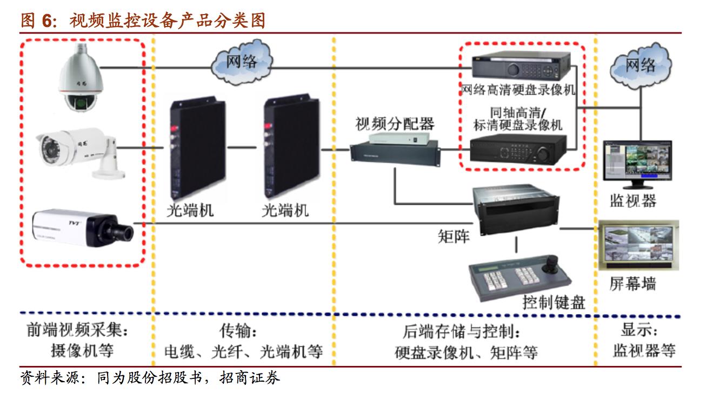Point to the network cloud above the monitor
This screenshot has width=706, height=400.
click(641, 66)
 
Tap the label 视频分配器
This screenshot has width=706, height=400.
click(395, 124)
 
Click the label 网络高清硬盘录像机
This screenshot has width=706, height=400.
click(518, 89)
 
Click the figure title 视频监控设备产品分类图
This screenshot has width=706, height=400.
click(168, 21)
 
